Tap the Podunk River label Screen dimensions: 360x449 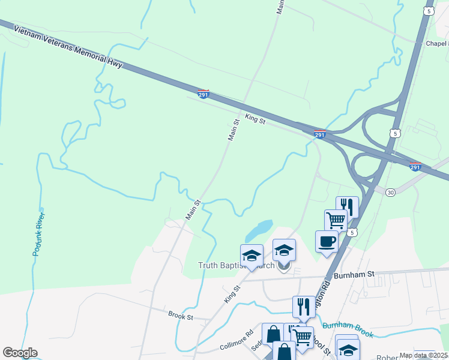tap(39, 234)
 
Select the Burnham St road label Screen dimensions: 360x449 tap(354, 274)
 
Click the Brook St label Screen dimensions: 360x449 tap(180, 315)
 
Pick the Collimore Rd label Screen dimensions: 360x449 tap(237, 340)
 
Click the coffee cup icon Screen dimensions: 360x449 tap(327, 241)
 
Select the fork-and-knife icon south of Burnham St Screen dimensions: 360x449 tap(304, 307)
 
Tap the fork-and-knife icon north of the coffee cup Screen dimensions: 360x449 tap(347, 207)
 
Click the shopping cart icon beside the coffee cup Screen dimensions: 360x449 tap(336, 220)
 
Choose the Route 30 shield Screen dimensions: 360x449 tap(391, 192)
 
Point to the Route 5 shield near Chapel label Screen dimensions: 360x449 tap(428, 11)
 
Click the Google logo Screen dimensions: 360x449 tap(20, 353)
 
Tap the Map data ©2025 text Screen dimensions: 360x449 tap(423, 355)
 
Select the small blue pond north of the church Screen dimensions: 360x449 tap(258, 229)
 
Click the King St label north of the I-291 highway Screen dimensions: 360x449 tap(255, 119)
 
